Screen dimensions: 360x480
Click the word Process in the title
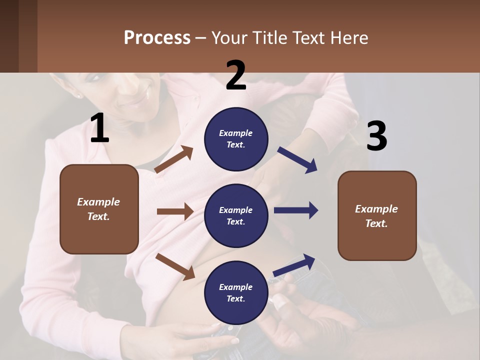(x=157, y=38)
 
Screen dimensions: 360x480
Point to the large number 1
(x=99, y=128)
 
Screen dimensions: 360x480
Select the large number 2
(x=236, y=75)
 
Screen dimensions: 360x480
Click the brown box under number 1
(x=99, y=209)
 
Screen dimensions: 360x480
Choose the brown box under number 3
(x=377, y=216)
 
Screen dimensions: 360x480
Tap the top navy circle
(x=236, y=139)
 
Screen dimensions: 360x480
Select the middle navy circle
(x=236, y=215)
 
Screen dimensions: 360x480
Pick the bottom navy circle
(x=236, y=292)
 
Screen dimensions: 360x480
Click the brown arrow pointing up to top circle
(x=174, y=159)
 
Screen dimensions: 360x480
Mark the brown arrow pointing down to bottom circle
(x=175, y=266)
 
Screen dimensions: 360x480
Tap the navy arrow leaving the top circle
(x=297, y=160)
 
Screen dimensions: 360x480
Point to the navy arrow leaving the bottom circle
(x=294, y=265)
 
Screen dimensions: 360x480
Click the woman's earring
(x=78, y=95)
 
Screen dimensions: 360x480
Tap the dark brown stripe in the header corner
(x=18, y=36)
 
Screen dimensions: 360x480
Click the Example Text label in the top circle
(x=236, y=139)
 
